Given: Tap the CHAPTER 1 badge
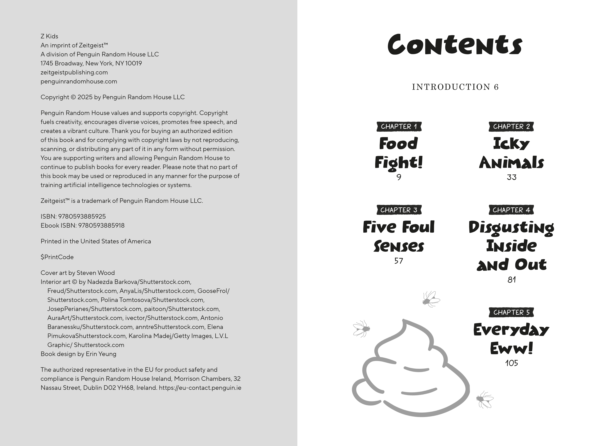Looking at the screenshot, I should [x=399, y=126].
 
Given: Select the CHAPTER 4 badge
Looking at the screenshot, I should [x=511, y=210].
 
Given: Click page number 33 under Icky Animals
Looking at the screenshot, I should [x=511, y=177].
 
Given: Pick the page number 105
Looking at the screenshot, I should [x=511, y=363].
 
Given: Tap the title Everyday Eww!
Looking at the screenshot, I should [x=511, y=339].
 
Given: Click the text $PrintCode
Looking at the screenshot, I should [x=57, y=257].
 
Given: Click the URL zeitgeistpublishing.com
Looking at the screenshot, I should [x=74, y=72].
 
